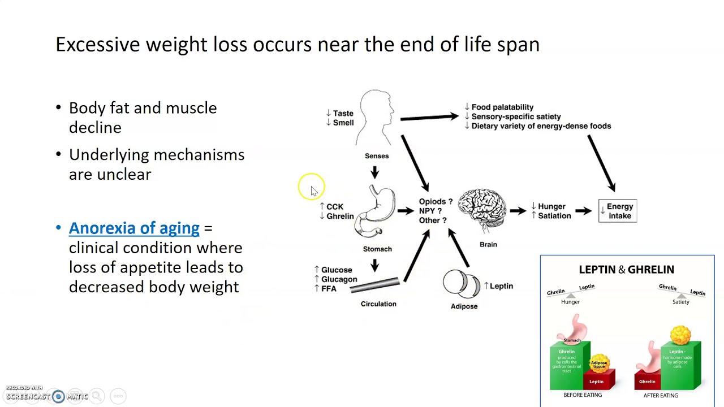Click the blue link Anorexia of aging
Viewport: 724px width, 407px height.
pos(134,228)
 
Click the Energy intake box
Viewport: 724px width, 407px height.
pos(618,211)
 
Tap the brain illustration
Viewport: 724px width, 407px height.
pos(482,209)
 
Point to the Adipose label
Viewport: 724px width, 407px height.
pos(464,306)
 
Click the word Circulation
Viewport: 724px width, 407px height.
pos(378,304)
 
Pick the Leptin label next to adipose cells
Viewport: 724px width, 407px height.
pos(501,286)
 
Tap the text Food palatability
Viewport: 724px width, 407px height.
pos(502,107)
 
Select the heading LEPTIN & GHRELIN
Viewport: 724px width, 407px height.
pos(626,270)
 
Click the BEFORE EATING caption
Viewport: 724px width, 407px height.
pos(582,395)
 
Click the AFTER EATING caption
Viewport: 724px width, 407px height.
pos(661,395)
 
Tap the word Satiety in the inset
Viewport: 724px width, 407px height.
pos(680,302)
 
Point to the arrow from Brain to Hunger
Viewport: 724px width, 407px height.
pos(518,211)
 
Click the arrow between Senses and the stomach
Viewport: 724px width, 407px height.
pos(374,172)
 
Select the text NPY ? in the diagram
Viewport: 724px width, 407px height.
pos(430,211)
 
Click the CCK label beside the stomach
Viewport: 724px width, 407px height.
pos(334,207)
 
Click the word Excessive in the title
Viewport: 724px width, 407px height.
pos(97,44)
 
